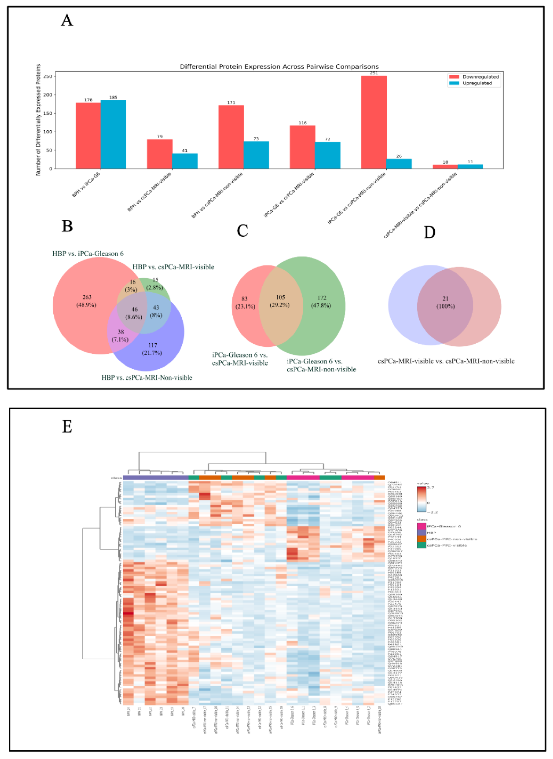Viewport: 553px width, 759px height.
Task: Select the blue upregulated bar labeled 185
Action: [x=113, y=134]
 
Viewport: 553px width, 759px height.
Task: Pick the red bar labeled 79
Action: [x=160, y=154]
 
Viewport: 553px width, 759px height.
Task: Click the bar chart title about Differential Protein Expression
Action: [x=279, y=67]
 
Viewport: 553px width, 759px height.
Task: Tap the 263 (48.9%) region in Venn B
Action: [x=86, y=301]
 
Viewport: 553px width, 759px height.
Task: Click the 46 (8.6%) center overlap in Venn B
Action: [x=134, y=313]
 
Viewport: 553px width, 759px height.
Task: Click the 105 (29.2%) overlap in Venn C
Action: [x=280, y=301]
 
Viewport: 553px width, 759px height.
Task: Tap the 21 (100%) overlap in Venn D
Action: [x=445, y=302]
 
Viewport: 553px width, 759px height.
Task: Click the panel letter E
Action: [x=67, y=426]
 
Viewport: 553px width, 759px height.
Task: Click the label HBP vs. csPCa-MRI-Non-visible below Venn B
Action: [x=147, y=378]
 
